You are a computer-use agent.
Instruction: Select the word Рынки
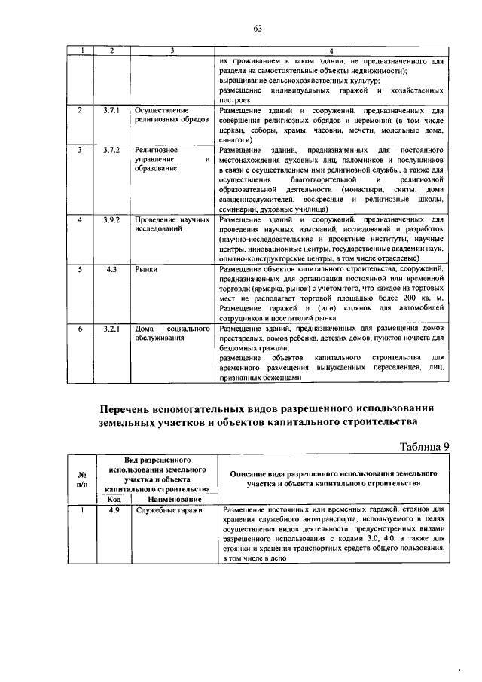[146, 268]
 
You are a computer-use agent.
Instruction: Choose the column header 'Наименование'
[172, 499]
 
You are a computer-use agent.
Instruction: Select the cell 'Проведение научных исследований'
[172, 223]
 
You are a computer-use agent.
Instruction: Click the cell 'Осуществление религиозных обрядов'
[166, 115]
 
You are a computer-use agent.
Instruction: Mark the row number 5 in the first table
[81, 268]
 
